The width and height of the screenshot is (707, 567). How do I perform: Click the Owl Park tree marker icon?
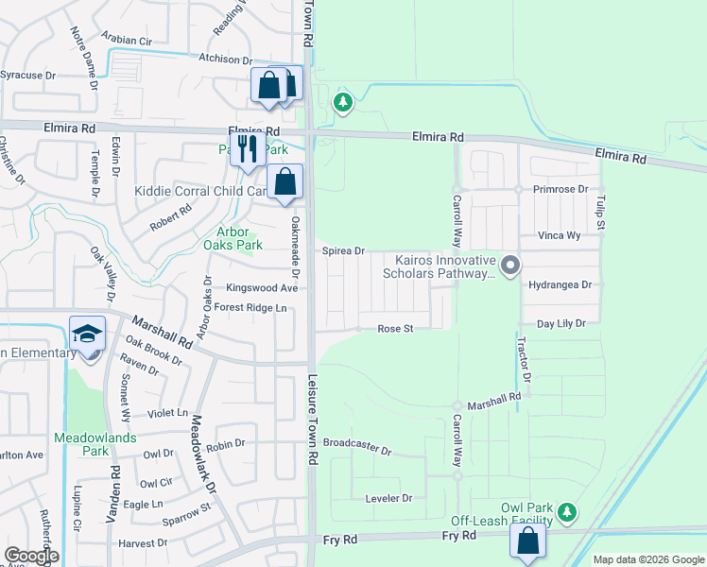click(x=567, y=513)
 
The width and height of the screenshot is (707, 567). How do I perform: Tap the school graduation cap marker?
click(x=86, y=335)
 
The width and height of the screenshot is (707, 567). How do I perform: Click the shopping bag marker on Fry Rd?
click(x=527, y=542)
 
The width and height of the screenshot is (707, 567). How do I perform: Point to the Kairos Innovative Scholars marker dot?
click(x=510, y=265)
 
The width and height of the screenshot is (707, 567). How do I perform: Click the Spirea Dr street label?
click(x=343, y=251)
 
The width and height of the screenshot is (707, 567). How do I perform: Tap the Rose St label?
click(x=397, y=329)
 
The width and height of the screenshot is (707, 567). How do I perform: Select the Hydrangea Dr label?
click(x=560, y=283)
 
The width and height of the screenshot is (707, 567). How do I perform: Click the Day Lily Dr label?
click(x=561, y=323)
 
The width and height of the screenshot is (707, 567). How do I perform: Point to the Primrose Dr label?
click(x=560, y=188)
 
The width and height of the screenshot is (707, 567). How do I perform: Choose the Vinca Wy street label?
click(x=559, y=235)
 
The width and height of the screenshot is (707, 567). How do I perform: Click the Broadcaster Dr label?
click(x=356, y=442)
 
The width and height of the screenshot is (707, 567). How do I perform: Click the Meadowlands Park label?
click(x=95, y=444)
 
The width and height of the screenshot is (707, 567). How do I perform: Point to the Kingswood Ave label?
click(x=262, y=287)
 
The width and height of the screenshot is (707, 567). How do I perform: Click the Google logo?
click(x=31, y=556)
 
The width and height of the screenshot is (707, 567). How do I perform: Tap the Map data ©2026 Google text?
click(x=647, y=559)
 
